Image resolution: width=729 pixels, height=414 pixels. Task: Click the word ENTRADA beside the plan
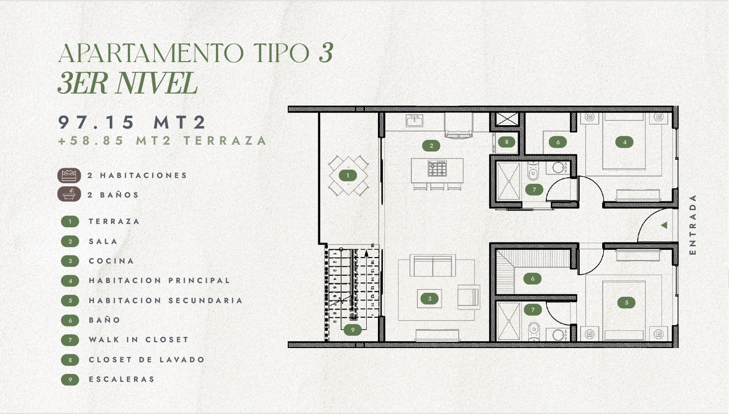(x=693, y=224)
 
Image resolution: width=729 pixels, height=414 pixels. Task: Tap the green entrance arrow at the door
(x=664, y=225)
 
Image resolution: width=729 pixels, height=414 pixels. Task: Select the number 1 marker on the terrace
(x=348, y=175)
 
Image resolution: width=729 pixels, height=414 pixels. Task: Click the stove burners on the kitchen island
(x=437, y=168)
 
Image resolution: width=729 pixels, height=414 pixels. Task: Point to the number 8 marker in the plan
(x=506, y=142)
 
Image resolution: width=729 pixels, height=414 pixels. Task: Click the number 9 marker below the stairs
(x=353, y=330)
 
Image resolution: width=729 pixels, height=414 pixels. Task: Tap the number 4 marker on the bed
(x=625, y=142)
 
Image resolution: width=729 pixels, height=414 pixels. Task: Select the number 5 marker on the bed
(x=627, y=303)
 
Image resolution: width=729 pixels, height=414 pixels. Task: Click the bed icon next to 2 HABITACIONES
(x=70, y=175)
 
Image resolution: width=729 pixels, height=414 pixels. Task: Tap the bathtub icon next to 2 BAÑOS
(x=70, y=195)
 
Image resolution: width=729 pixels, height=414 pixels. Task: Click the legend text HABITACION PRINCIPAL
(x=160, y=281)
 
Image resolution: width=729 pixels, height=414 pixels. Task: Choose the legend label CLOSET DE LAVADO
(x=147, y=359)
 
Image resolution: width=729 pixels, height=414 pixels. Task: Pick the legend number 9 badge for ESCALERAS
(x=70, y=380)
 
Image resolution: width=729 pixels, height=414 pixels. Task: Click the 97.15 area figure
(x=96, y=122)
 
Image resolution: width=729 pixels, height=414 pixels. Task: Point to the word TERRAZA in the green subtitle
(x=225, y=141)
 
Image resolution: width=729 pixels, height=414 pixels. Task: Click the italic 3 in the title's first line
(x=326, y=52)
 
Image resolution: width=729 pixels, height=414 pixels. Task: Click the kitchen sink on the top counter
(x=415, y=121)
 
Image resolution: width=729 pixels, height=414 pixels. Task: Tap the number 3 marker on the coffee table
(x=429, y=299)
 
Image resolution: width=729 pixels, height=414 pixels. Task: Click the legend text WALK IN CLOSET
(x=139, y=340)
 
